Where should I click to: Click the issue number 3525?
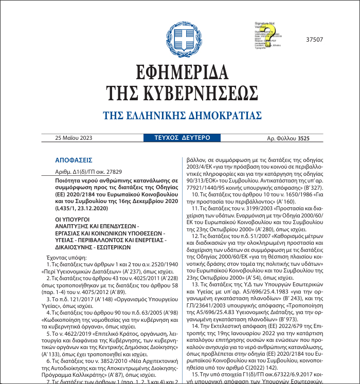point(303,138)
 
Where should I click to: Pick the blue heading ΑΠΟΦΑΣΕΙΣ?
point(73,160)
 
